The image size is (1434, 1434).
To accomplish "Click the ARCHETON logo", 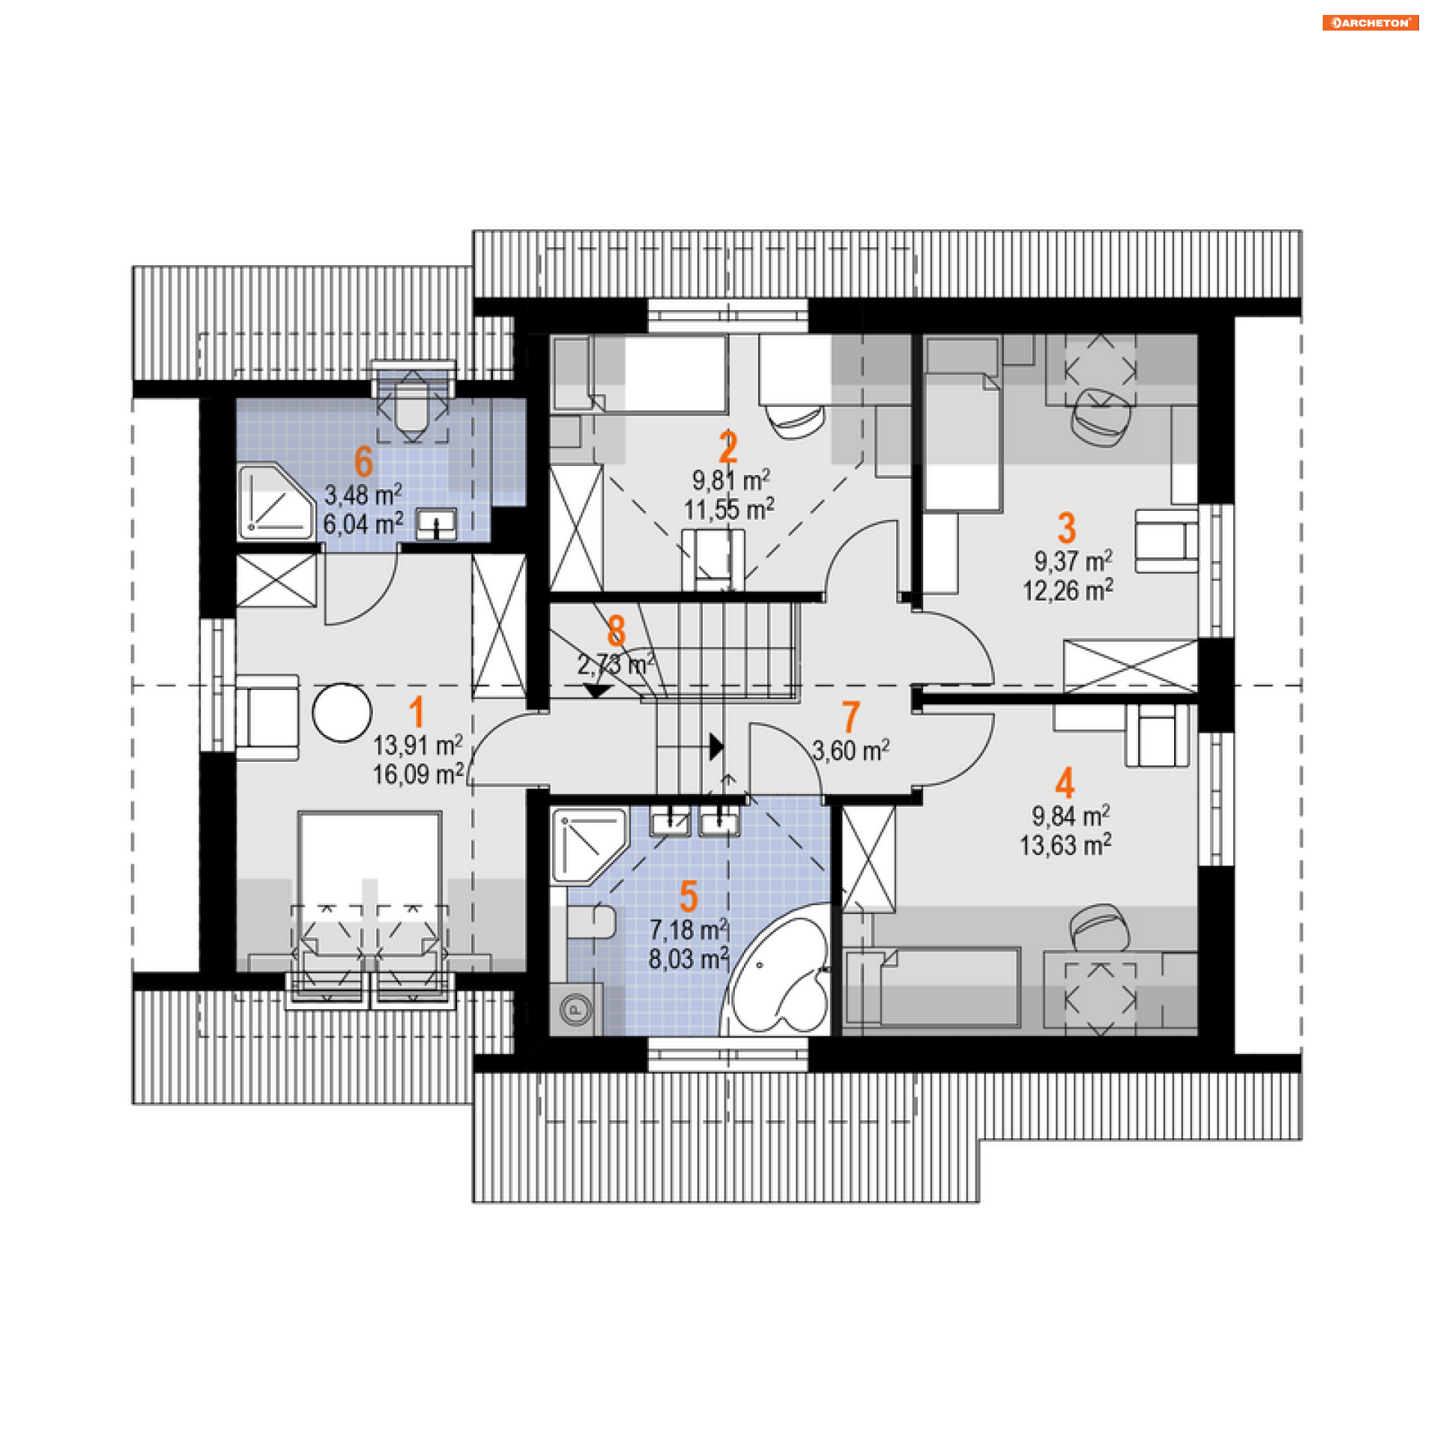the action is pos(1370,22).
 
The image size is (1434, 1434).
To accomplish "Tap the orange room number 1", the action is pos(417,711).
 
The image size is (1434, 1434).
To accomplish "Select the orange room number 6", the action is pos(364,461).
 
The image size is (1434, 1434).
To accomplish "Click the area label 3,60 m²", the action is pos(851,750).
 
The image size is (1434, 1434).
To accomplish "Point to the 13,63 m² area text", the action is pos(1066,845).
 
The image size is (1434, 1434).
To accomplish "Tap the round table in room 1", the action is pos(342,713).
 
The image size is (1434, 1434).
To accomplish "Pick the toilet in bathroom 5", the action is pos(591,922).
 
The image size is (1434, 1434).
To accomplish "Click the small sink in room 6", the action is pos(436,523).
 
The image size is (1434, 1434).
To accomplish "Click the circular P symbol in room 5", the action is pos(576,1010).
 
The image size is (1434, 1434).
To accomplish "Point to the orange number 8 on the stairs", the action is pos(616,630).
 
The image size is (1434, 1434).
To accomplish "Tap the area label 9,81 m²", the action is pos(731,479).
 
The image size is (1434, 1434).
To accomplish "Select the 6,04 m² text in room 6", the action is pos(364,524).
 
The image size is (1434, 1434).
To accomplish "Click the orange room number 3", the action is pos(1067,528).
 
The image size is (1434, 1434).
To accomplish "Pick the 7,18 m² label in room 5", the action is pos(689,930).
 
